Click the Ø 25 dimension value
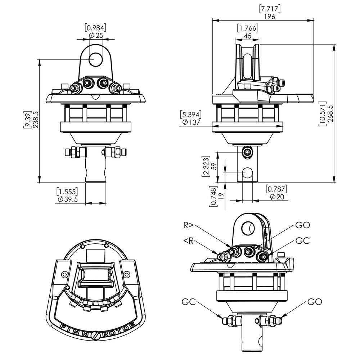point(96,35)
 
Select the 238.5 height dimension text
point(36,120)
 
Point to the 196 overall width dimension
point(270,17)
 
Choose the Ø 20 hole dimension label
point(277,197)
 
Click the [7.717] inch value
point(270,9)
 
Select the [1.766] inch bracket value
point(248,28)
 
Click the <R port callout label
point(189,241)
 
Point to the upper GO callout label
point(303,225)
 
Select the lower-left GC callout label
point(189,302)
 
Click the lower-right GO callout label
point(315,302)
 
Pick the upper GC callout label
point(303,241)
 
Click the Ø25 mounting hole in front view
point(95,59)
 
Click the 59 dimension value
point(214,166)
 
